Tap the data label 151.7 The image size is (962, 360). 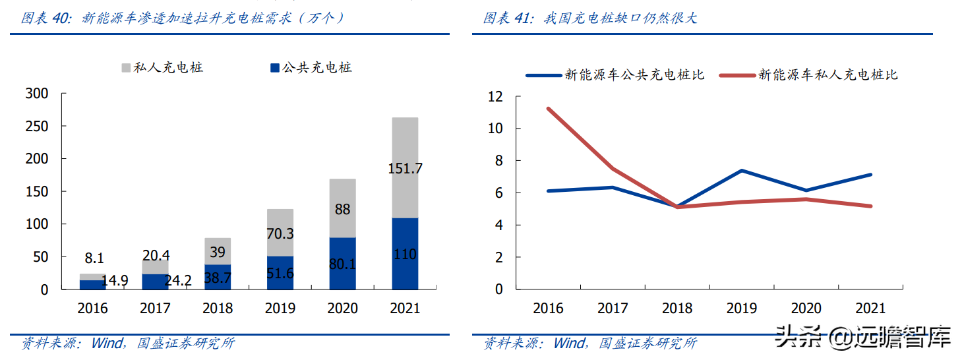405,168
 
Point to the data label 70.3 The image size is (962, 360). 280,233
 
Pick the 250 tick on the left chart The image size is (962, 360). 36,126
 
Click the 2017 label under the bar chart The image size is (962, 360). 155,308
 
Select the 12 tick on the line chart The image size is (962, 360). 495,96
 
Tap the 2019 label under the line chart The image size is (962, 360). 742,308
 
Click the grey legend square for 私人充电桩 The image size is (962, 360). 126,67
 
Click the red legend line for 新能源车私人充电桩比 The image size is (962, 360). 737,75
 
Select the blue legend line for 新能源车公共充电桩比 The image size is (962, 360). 543,75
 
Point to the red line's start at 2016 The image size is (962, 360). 548,108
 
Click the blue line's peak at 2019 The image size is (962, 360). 742,171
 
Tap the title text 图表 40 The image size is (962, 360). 45,18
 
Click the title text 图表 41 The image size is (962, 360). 506,18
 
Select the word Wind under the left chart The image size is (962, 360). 107,344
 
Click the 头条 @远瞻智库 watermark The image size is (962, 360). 863,337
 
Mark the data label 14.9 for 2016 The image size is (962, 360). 115,280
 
